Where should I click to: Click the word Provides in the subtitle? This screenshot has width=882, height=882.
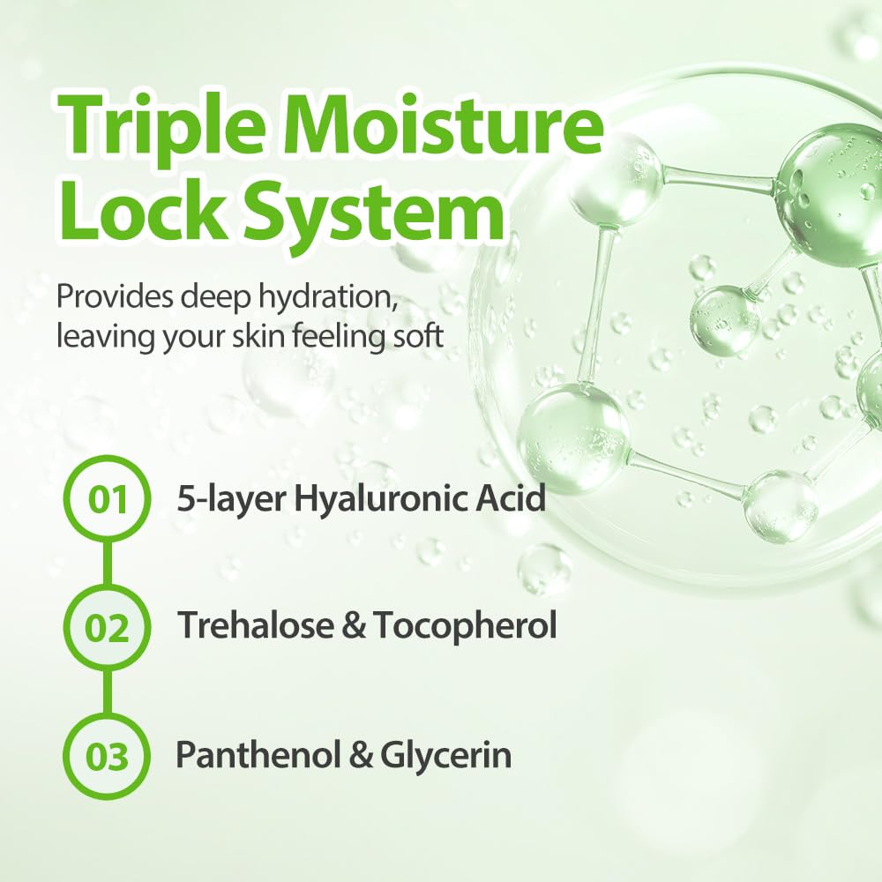[x=112, y=296]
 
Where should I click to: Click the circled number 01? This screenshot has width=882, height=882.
[x=108, y=499]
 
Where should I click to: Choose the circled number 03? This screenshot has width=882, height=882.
[x=108, y=757]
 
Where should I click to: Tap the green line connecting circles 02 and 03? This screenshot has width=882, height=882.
[x=108, y=692]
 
